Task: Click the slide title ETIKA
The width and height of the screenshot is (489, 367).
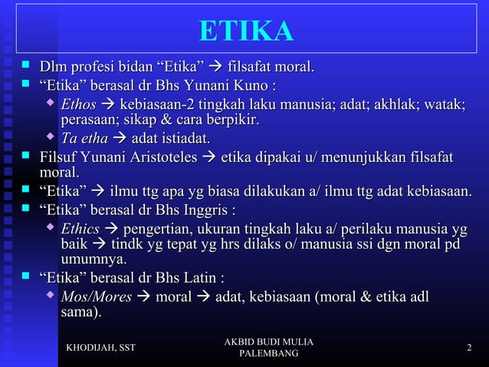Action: [x=246, y=31]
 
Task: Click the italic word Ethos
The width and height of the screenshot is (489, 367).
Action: [x=79, y=104]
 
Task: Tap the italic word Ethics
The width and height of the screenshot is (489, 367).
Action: [x=80, y=229]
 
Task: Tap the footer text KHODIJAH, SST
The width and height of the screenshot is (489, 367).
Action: [x=101, y=349]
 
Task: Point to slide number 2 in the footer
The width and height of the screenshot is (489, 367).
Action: [x=469, y=349]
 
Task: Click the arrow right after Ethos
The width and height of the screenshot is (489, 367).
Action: [x=107, y=104]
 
